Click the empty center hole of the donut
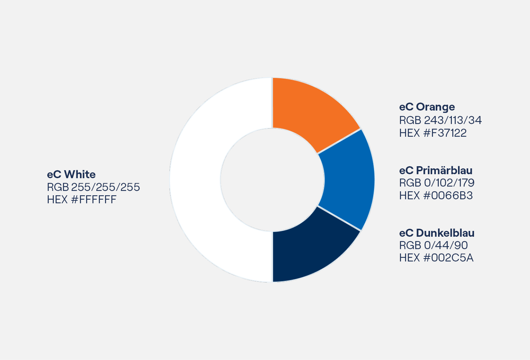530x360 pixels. pos(272,180)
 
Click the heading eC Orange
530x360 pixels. pos(427,107)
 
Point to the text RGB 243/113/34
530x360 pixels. pos(440,120)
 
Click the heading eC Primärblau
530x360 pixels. pos(435,171)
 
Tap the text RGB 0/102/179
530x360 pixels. pos(437,183)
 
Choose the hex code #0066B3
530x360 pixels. pos(448,196)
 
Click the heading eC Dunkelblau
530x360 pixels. pos(437,233)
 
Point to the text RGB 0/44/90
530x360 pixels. pos(433,245)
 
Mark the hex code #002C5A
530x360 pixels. pos(448,258)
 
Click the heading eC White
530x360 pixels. pos(71,175)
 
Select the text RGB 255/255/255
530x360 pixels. pos(93,187)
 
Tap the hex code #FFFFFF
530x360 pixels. pos(94,200)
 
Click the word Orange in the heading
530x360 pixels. pos(435,107)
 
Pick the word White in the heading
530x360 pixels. pos(80,175)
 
